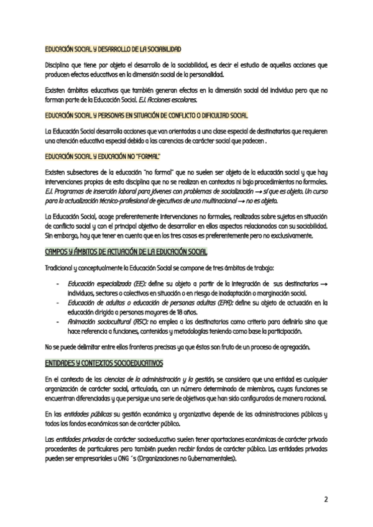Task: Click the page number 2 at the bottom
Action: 325,500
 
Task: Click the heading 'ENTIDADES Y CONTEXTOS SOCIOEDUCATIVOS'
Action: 104,361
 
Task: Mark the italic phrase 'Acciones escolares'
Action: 178,99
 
